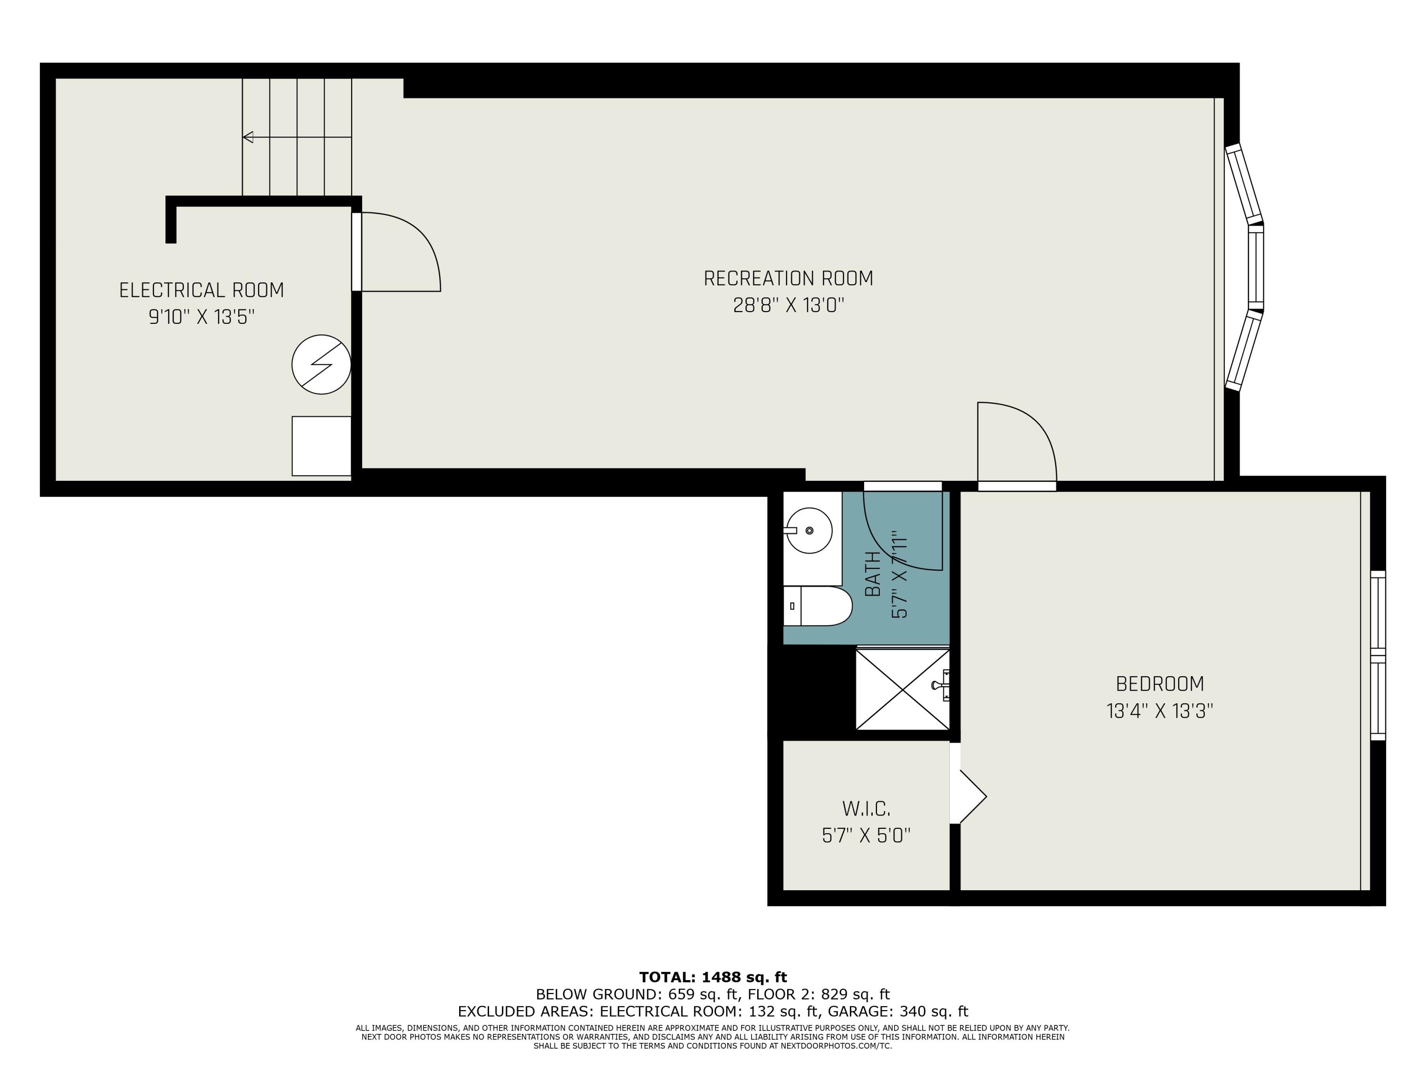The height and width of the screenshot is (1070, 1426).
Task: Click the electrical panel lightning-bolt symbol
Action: tap(321, 364)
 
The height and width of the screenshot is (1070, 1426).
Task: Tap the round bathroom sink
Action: tap(809, 530)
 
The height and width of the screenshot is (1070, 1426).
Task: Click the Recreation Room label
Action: tap(788, 279)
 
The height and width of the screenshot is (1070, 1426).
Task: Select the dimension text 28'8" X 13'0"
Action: tap(788, 305)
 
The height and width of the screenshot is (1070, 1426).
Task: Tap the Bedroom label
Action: tap(1159, 684)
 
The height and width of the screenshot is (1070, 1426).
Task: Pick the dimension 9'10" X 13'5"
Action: tap(202, 317)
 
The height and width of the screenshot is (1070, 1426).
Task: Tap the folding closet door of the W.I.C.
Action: tap(970, 797)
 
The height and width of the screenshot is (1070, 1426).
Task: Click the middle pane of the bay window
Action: tap(1256, 268)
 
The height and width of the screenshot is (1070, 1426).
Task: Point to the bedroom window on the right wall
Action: tap(1377, 655)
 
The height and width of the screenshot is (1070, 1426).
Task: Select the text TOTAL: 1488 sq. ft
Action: tap(713, 977)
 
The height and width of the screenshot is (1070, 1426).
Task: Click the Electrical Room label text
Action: tap(202, 290)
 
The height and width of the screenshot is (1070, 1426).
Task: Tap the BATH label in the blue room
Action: tap(872, 574)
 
